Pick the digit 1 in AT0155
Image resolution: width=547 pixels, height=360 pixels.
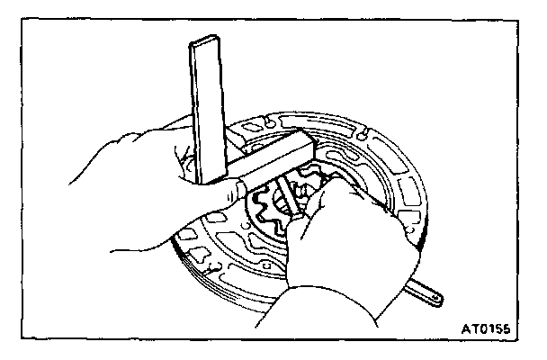tap(496, 330)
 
